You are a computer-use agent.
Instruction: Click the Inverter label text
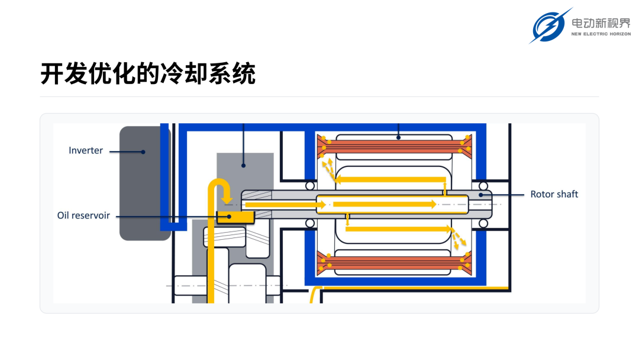pos(86,150)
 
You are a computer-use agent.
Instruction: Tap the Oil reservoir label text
pos(83,216)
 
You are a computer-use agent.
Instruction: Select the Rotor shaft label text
pos(554,194)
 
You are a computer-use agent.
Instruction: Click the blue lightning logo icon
pos(550,25)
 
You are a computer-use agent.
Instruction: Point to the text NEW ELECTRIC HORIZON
pos(601,34)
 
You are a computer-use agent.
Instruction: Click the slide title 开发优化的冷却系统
pos(148,74)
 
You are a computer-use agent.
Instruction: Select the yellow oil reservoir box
pos(235,217)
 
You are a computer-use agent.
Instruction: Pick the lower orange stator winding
pos(395,263)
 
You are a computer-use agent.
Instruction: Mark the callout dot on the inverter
pos(143,152)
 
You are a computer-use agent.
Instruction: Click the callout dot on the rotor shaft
pos(481,195)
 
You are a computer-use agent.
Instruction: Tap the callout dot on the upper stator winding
pos(399,138)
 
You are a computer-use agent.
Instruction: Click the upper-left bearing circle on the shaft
pos(309,186)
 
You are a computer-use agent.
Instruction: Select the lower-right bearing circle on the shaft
pos(483,223)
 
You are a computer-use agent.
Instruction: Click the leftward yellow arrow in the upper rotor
pos(390,179)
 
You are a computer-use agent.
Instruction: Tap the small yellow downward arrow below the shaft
pos(347,220)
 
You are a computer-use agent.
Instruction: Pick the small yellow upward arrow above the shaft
pos(444,189)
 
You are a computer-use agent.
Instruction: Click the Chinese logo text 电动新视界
pos(601,23)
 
